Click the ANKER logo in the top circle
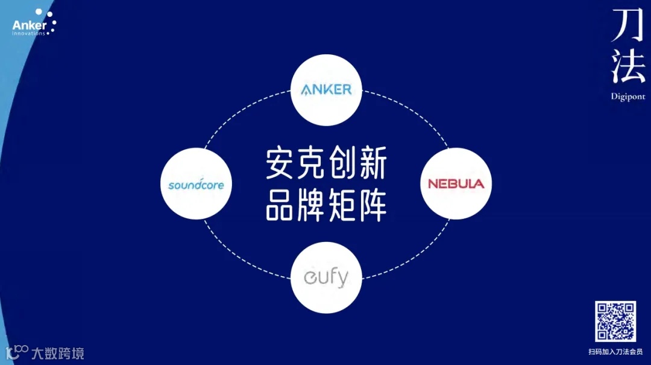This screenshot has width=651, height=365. pyautogui.click(x=326, y=90)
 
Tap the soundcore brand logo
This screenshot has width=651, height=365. pyautogui.click(x=196, y=184)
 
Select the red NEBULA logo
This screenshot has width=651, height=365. pyautogui.click(x=456, y=183)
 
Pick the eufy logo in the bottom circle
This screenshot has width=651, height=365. pyautogui.click(x=326, y=278)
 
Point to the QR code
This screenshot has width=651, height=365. pyautogui.click(x=615, y=321)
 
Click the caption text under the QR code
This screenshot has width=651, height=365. pyautogui.click(x=615, y=351)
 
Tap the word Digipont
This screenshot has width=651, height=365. pyautogui.click(x=627, y=97)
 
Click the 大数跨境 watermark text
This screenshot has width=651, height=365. pyautogui.click(x=58, y=353)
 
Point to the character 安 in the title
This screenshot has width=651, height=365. pyautogui.click(x=281, y=165)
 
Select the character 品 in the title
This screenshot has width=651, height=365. pyautogui.click(x=281, y=205)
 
